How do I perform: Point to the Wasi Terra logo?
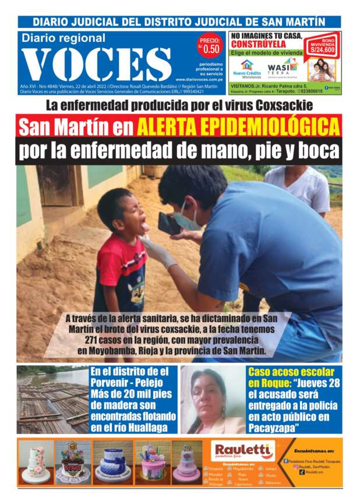tap(283, 69)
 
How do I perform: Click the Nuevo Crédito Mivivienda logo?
tap(248, 69)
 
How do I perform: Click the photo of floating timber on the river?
tap(52, 400)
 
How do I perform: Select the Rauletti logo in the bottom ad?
tap(243, 450)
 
